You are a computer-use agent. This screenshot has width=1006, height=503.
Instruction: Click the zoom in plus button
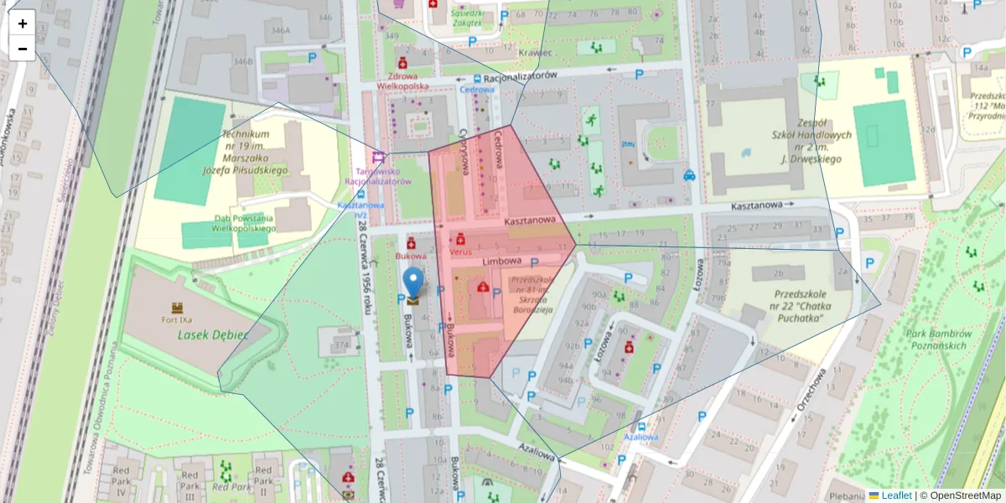(x=23, y=23)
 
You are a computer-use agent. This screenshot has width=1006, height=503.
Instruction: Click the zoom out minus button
(x=23, y=49)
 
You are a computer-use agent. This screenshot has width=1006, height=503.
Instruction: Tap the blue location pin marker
(x=413, y=283)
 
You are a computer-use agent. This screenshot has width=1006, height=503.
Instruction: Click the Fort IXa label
(x=177, y=319)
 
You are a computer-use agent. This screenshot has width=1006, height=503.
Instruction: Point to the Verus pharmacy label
(x=461, y=251)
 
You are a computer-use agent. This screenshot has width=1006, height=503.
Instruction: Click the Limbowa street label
(x=502, y=262)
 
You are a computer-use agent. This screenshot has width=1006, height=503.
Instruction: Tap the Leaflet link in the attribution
(x=895, y=495)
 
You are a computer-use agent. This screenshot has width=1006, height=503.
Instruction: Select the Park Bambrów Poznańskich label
(x=936, y=340)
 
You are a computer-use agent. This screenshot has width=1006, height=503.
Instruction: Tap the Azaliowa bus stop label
(x=640, y=437)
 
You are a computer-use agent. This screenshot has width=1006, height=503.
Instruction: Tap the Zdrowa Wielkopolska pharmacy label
(x=402, y=80)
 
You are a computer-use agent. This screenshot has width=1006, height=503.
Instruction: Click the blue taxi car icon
(x=689, y=175)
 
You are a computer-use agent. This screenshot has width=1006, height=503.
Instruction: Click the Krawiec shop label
(x=536, y=52)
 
